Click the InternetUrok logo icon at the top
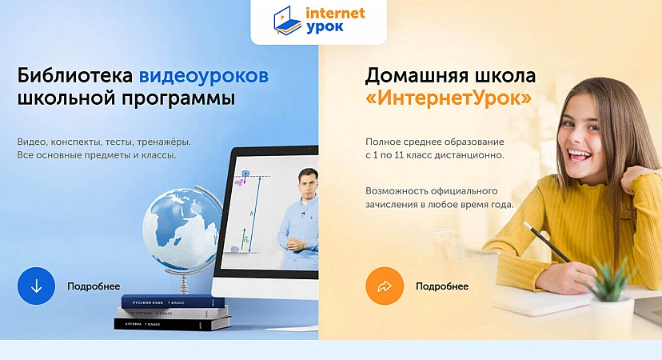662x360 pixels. click(x=288, y=20)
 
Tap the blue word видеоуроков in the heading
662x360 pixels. click(x=204, y=77)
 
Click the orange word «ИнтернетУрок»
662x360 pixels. click(x=449, y=98)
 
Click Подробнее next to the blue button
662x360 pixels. click(x=94, y=286)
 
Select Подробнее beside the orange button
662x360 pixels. click(x=442, y=286)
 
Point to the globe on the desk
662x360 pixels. click(x=182, y=229)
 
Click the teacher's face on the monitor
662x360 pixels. click(x=307, y=184)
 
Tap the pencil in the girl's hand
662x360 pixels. click(x=547, y=242)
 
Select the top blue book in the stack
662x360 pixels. click(x=173, y=302)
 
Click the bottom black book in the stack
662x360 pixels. click(x=172, y=324)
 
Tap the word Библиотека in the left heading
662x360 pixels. click(x=74, y=76)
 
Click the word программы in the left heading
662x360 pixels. click(x=178, y=99)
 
